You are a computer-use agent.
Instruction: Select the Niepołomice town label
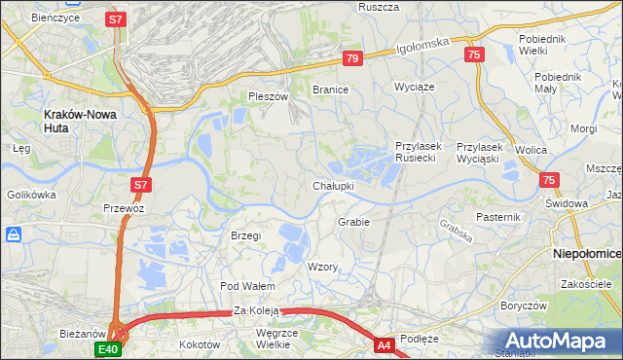point(586,251)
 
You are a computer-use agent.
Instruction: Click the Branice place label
point(330,89)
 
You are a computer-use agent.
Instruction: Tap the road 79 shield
point(352,59)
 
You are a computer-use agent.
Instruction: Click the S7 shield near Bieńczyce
point(116,19)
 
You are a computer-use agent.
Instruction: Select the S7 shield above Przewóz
point(141,183)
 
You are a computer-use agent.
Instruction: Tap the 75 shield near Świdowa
point(549,180)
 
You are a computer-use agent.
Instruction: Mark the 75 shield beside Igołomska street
point(474,55)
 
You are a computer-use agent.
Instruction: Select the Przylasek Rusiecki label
point(419,152)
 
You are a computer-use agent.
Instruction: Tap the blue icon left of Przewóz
point(15,234)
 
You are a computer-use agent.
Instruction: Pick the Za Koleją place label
point(256,310)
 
